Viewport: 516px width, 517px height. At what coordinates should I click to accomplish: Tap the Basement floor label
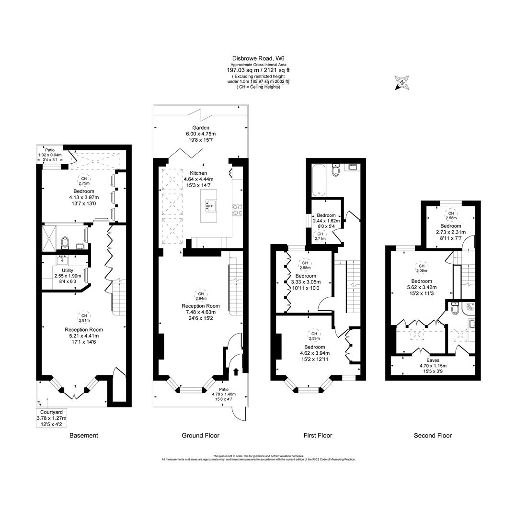(x=84, y=435)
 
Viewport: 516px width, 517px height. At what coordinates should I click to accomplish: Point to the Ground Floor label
(x=200, y=435)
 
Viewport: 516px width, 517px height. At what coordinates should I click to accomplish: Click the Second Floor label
(x=433, y=435)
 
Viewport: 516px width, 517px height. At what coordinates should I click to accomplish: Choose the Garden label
(x=201, y=128)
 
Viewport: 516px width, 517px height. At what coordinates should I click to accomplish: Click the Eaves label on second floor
(x=433, y=360)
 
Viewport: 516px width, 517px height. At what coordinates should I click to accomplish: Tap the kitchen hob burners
(x=237, y=208)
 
